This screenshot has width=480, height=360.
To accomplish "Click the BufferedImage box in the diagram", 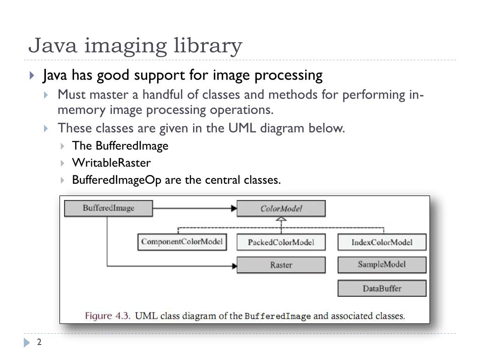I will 108,209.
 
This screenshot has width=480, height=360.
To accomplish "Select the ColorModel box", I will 281,209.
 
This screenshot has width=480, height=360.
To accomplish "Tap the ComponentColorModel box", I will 182,242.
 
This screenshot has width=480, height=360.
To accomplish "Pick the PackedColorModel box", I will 281,242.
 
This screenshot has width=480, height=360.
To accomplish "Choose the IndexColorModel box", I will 382,242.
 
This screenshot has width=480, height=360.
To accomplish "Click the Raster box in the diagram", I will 281,265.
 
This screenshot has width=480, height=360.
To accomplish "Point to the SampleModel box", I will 382,264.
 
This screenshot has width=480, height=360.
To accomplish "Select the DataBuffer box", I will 382,288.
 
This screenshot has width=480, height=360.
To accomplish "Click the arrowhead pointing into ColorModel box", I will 233,208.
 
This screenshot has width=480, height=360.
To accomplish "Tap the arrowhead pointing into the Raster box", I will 233,266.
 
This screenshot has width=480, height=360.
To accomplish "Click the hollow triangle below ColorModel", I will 281,219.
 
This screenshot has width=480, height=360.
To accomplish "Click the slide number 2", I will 39,343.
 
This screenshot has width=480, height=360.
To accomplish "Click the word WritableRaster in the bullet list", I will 111,163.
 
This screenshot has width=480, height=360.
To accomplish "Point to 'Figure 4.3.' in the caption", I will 107,315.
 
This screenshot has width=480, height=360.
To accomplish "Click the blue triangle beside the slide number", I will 27,343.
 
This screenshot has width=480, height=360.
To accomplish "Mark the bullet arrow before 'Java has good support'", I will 31,75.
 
